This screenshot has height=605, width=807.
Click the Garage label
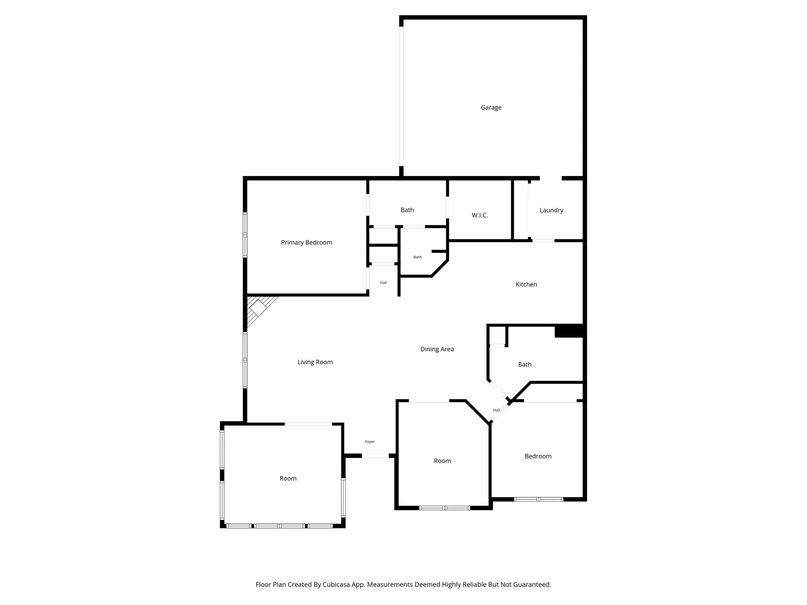pyautogui.click(x=491, y=108)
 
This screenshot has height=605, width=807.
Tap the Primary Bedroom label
pyautogui.click(x=307, y=243)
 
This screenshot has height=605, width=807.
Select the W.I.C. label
pyautogui.click(x=480, y=215)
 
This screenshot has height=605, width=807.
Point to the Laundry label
pyautogui.click(x=551, y=210)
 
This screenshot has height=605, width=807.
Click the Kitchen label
pyautogui.click(x=526, y=284)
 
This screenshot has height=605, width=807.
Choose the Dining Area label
pyautogui.click(x=437, y=349)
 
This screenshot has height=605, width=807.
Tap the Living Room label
pyautogui.click(x=315, y=362)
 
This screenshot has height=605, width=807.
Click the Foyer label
pyautogui.click(x=370, y=442)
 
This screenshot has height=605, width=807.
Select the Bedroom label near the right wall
pyautogui.click(x=538, y=456)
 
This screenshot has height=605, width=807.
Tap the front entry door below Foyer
pyautogui.click(x=375, y=456)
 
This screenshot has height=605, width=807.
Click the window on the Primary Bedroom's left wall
pyautogui.click(x=245, y=235)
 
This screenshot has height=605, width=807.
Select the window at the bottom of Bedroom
pyautogui.click(x=539, y=499)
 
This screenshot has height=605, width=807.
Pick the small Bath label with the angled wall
pyautogui.click(x=417, y=257)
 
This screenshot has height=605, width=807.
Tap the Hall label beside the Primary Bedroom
pyautogui.click(x=383, y=282)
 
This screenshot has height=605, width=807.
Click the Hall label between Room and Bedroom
pyautogui.click(x=496, y=410)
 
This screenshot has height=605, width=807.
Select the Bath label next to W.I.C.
pyautogui.click(x=407, y=210)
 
